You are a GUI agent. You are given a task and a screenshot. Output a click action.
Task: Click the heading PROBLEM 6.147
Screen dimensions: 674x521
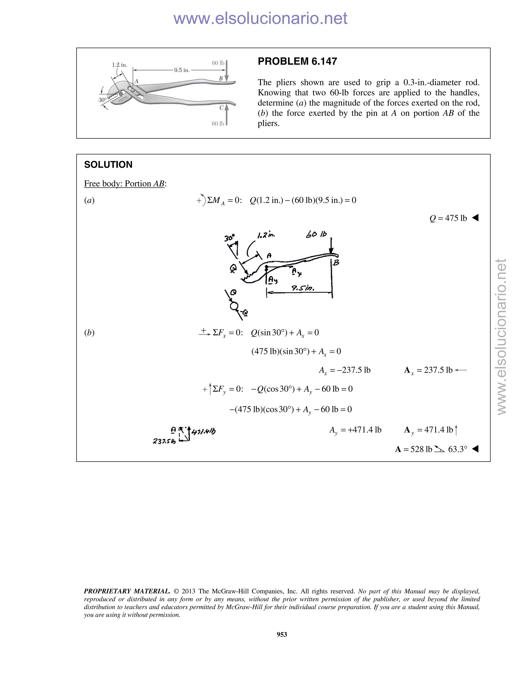[x=297, y=61]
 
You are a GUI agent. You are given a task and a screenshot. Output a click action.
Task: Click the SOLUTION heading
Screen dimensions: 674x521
[x=108, y=165]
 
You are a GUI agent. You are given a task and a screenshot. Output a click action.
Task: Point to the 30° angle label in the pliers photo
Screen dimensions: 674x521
[x=103, y=100]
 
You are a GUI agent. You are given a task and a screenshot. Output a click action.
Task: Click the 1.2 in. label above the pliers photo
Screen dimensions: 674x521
[x=120, y=65]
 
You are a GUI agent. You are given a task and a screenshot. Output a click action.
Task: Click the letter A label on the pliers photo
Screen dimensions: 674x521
[x=136, y=81]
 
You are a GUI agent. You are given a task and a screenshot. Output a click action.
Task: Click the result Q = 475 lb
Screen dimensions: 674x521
[x=448, y=218]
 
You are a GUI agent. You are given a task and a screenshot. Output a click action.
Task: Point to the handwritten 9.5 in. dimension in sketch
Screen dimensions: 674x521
[x=303, y=288]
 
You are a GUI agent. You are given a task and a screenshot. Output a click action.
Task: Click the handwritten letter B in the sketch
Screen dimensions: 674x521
[x=336, y=263]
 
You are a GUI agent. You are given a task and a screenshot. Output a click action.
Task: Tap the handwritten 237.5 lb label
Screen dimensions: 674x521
[x=164, y=441]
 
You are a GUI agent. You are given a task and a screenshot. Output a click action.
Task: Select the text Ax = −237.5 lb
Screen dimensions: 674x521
[x=344, y=370]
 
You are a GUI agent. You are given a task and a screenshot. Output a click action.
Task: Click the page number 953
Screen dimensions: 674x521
[x=282, y=634]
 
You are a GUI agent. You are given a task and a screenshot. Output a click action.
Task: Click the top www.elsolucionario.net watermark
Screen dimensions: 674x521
[x=260, y=19]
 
